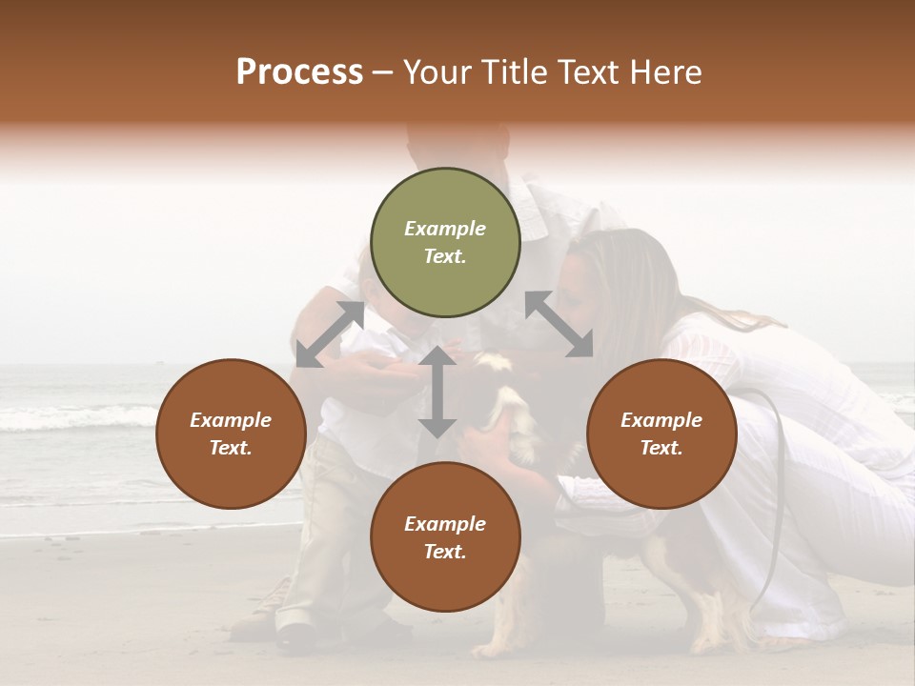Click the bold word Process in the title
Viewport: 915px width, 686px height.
tap(299, 72)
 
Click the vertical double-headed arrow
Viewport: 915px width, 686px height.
tap(437, 392)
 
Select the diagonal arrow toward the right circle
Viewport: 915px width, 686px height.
tap(559, 324)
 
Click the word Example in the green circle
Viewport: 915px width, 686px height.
tap(445, 229)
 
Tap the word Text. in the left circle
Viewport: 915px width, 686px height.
tap(231, 448)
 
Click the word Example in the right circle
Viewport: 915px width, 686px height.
tap(661, 420)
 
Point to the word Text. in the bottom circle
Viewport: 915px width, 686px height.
tap(445, 552)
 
